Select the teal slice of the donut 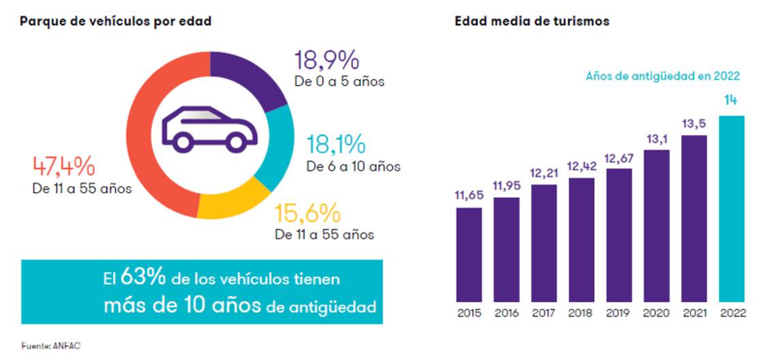coord(275,147)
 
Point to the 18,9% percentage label coord(326,61)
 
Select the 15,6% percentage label coord(307,214)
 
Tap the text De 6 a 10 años coord(353,166)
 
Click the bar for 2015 coord(469,254)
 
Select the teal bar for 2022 coord(731,208)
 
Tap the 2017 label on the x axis coord(544,314)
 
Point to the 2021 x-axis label coord(694,314)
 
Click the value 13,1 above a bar coord(656,139)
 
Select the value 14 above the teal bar coord(731,101)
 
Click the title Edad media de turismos coord(532,21)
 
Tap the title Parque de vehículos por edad coord(116,21)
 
